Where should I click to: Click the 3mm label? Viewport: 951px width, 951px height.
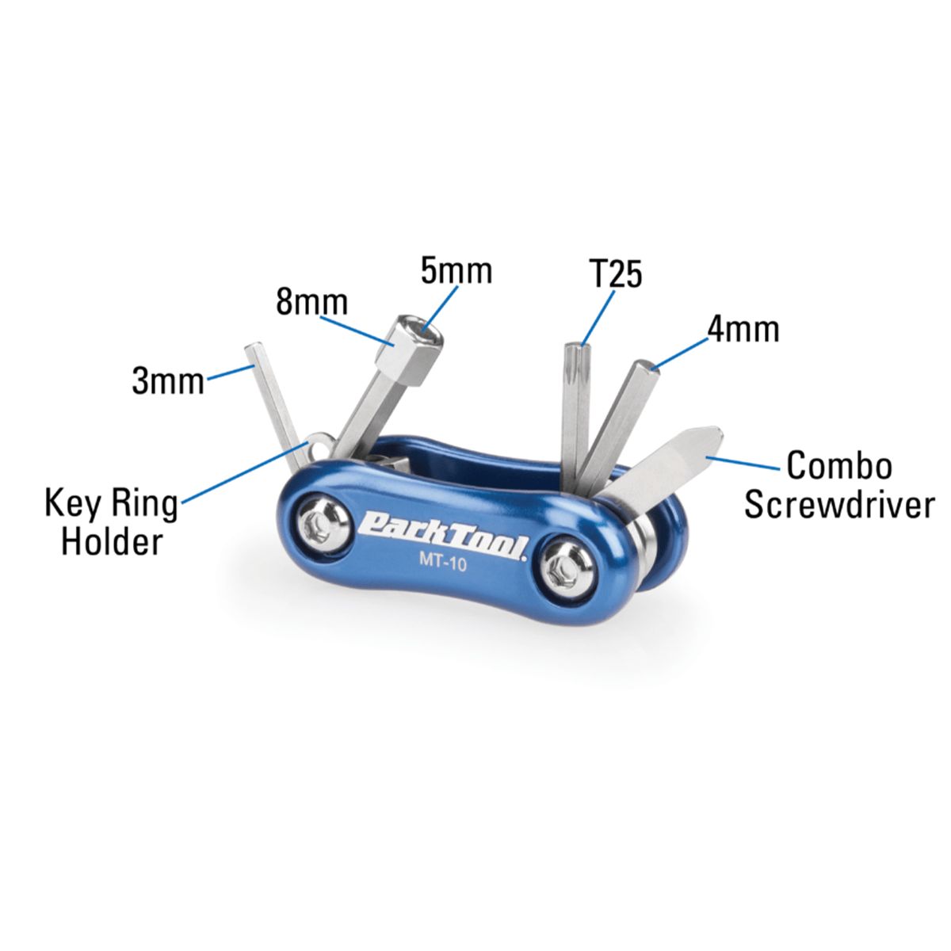click(168, 381)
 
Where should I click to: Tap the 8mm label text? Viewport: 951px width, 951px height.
click(312, 302)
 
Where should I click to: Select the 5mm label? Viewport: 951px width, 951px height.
click(456, 271)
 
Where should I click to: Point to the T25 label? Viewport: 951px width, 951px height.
click(616, 273)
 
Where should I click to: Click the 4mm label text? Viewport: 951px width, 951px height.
click(743, 329)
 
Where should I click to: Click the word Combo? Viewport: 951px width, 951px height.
click(839, 465)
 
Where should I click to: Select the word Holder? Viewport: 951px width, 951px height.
click(112, 541)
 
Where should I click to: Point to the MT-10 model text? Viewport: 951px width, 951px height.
click(443, 562)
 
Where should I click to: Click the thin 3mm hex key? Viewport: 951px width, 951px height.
click(275, 408)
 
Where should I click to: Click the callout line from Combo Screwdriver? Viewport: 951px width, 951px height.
click(743, 464)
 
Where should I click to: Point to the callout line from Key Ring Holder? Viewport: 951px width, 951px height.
click(245, 472)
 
